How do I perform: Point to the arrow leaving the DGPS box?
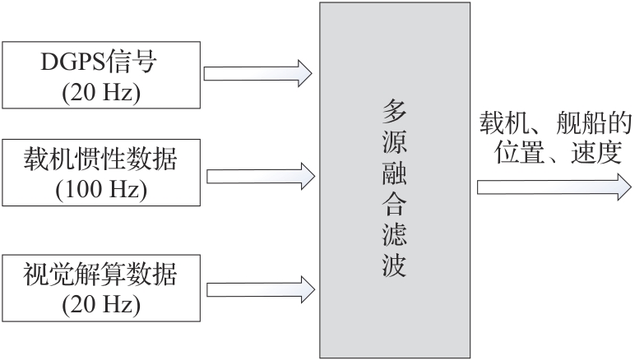[257, 73]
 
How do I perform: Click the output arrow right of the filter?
[548, 187]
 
